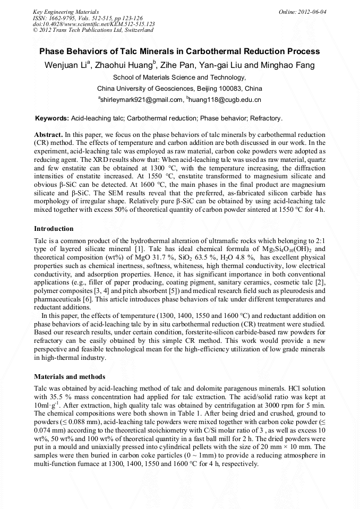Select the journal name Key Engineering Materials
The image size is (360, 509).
click(66, 11)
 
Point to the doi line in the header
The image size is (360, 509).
click(94, 24)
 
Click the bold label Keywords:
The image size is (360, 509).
click(52, 118)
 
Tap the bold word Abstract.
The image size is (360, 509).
click(49, 135)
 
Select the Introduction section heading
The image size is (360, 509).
click(54, 229)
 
